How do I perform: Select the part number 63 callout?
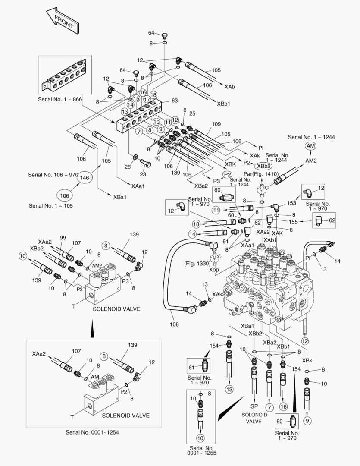point(175,101)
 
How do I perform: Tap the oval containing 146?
point(85,178)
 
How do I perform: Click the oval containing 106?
point(65,195)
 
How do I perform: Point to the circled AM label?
point(310,146)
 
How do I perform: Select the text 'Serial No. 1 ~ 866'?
point(60,99)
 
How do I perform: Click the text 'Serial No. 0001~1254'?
point(92,432)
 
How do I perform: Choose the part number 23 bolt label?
point(143,174)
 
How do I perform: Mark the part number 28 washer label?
point(128,167)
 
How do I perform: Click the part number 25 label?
point(192,113)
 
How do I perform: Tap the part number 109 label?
point(216,124)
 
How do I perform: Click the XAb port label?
point(229,87)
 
